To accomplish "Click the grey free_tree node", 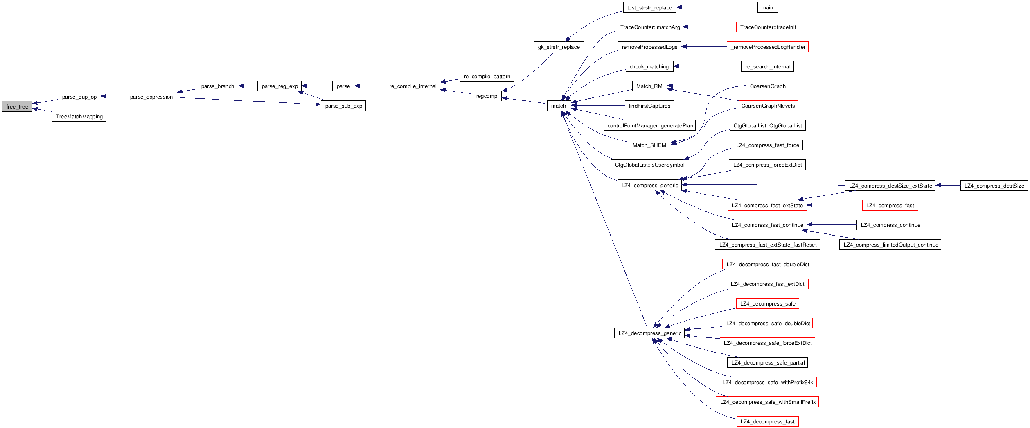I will (17, 106).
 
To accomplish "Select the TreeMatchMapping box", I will (79, 116).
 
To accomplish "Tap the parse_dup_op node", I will (79, 97).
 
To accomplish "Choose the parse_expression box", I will (151, 97).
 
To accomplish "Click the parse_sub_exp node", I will (343, 106).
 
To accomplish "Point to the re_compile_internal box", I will (412, 86).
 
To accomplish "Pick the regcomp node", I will (487, 96).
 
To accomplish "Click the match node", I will (559, 106).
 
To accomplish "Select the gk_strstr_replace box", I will (559, 47).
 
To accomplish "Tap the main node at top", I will (767, 7).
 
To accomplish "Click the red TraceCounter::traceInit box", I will (768, 27).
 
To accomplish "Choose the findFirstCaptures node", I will (649, 106).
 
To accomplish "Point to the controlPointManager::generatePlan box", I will (650, 125).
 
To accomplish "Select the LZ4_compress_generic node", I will (649, 185).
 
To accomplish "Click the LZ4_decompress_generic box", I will (650, 333).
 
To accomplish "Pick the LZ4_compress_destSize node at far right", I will (994, 186).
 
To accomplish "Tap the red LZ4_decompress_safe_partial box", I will (768, 362).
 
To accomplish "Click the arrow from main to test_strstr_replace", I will (716, 7).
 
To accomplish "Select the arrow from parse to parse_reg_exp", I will (317, 86).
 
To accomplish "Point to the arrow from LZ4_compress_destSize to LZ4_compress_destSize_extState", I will (948, 186).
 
